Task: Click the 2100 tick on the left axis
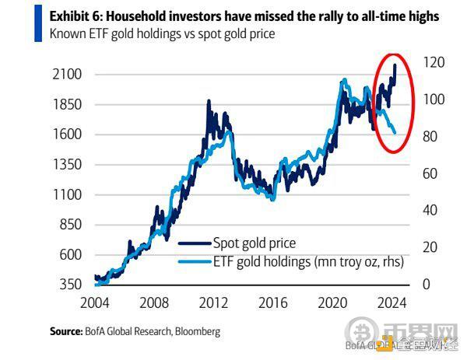[x=65, y=75]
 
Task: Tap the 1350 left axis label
[x=65, y=164]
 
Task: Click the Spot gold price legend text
[x=255, y=243]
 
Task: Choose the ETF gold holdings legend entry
[x=308, y=262]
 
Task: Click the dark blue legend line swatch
[x=191, y=243]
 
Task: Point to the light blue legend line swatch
[x=191, y=262]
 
